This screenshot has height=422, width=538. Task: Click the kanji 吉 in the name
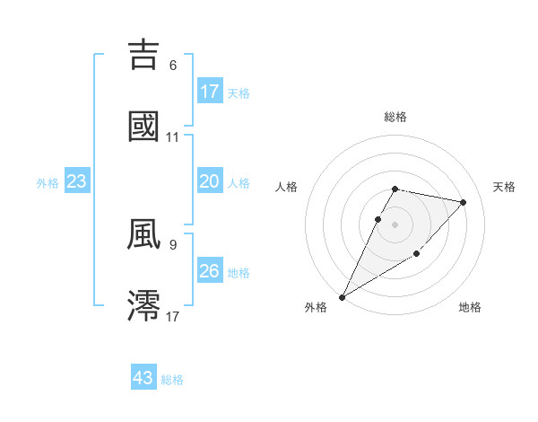click(x=144, y=55)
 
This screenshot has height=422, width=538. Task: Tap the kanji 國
click(x=144, y=126)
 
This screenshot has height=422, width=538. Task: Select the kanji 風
click(x=144, y=233)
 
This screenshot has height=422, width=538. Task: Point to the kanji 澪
click(x=144, y=305)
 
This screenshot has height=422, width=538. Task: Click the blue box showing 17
click(x=210, y=92)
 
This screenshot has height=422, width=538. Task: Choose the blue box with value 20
click(x=210, y=181)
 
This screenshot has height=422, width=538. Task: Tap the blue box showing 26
click(x=210, y=271)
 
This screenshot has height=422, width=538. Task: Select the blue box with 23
click(x=77, y=181)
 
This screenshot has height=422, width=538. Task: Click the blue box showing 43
click(x=143, y=378)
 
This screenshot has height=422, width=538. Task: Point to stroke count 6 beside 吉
click(x=173, y=66)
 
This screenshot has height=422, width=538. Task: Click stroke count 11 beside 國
click(x=173, y=137)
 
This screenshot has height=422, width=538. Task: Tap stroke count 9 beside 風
click(x=173, y=243)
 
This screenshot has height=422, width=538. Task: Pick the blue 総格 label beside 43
click(x=172, y=380)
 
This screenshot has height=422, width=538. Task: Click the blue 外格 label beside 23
click(x=48, y=183)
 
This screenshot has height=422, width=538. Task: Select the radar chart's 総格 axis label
click(x=395, y=117)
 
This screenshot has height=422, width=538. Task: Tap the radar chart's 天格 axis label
click(x=505, y=187)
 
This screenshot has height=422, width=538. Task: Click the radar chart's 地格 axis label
click(x=470, y=308)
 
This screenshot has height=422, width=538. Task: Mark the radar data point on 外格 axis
click(x=343, y=296)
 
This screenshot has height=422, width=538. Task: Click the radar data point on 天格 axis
click(x=464, y=202)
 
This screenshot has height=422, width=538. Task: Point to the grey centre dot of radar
click(x=395, y=224)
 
